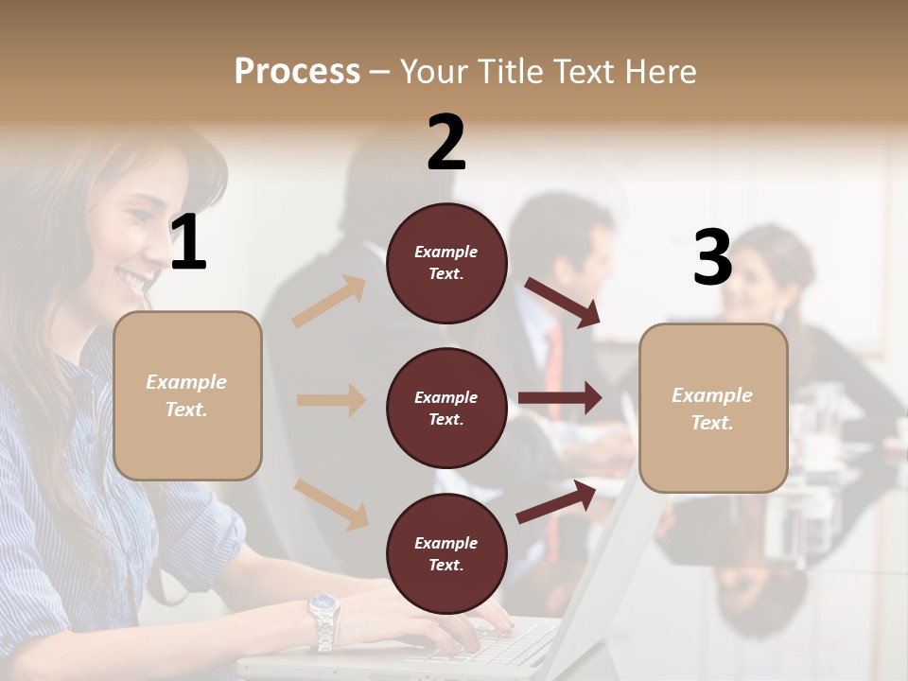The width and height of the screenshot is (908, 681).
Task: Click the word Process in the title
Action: pos(297,71)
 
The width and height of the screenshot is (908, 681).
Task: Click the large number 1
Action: pos(188,243)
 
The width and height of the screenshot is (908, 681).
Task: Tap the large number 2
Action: pos(446,143)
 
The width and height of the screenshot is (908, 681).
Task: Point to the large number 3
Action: pos(712,258)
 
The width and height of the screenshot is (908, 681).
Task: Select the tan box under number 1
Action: pos(187,395)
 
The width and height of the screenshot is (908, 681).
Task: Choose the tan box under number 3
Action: pos(713,408)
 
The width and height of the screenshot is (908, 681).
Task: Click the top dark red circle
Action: pos(446,263)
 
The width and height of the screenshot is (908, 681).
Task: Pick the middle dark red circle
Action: pos(446,408)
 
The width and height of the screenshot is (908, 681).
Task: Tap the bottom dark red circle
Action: pos(446,553)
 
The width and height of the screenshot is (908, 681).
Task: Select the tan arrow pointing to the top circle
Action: pos(329,302)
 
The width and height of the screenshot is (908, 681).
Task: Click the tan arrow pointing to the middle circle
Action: pos(331,400)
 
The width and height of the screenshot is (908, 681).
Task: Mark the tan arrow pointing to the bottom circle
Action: pos(331,503)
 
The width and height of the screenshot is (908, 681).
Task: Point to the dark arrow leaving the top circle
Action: pos(562,302)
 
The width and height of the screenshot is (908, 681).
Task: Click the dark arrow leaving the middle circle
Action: pos(560,398)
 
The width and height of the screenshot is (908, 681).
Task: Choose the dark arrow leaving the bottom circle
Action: pos(556,502)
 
